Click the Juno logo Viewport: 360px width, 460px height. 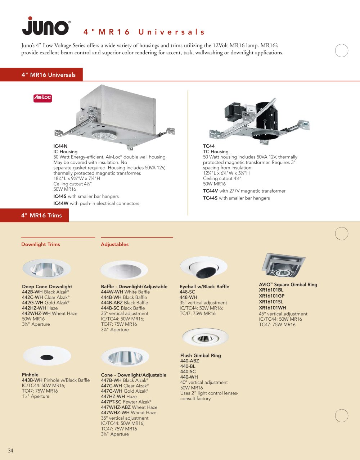pos(46,26)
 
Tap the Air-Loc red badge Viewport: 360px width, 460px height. pos(42,98)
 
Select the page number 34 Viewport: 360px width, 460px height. pos(10,451)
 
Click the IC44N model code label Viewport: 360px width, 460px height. pos(60,146)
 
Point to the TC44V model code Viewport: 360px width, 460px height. pos(210,191)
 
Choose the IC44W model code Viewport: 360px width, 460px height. pos(61,203)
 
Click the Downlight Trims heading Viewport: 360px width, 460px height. pos(41,244)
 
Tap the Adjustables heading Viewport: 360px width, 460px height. pos(115,244)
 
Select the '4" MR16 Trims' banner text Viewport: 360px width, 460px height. pos(41,216)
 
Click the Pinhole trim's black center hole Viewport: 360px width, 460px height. pos(47,357)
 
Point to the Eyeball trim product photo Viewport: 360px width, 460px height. pos(204,267)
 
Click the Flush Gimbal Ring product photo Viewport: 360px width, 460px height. pos(205,337)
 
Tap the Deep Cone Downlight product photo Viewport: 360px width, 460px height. pos(46,269)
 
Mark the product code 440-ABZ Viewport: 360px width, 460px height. pos(190,361)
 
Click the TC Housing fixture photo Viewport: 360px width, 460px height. pos(259,121)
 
